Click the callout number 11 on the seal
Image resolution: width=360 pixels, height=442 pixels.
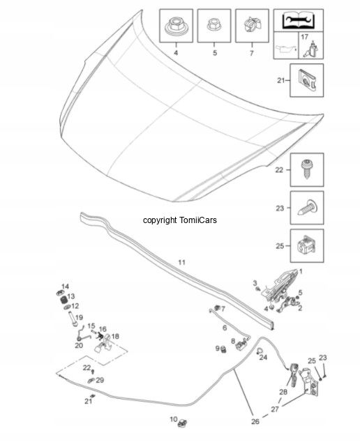(181, 262)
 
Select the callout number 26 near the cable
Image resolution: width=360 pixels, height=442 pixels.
(255, 421)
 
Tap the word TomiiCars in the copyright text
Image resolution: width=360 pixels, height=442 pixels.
(197, 220)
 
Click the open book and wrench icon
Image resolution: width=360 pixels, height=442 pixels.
(298, 20)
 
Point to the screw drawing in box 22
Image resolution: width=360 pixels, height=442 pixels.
(307, 168)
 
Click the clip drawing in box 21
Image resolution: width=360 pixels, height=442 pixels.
(307, 81)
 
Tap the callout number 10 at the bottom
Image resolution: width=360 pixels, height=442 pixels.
(173, 420)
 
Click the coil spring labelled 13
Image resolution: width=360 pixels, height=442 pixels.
(65, 300)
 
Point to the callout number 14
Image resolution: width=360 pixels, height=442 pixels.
(65, 287)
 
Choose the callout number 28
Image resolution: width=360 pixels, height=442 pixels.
(283, 392)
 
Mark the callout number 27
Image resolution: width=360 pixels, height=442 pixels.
(275, 409)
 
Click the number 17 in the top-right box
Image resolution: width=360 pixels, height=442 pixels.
(304, 37)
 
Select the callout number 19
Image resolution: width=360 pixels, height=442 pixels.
(79, 317)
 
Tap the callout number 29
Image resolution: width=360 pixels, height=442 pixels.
(100, 380)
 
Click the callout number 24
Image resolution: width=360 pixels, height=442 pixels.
(263, 358)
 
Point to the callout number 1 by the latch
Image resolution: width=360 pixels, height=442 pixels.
(301, 271)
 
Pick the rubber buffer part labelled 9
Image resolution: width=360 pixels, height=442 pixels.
(224, 349)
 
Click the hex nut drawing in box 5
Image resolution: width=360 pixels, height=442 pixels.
(214, 24)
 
